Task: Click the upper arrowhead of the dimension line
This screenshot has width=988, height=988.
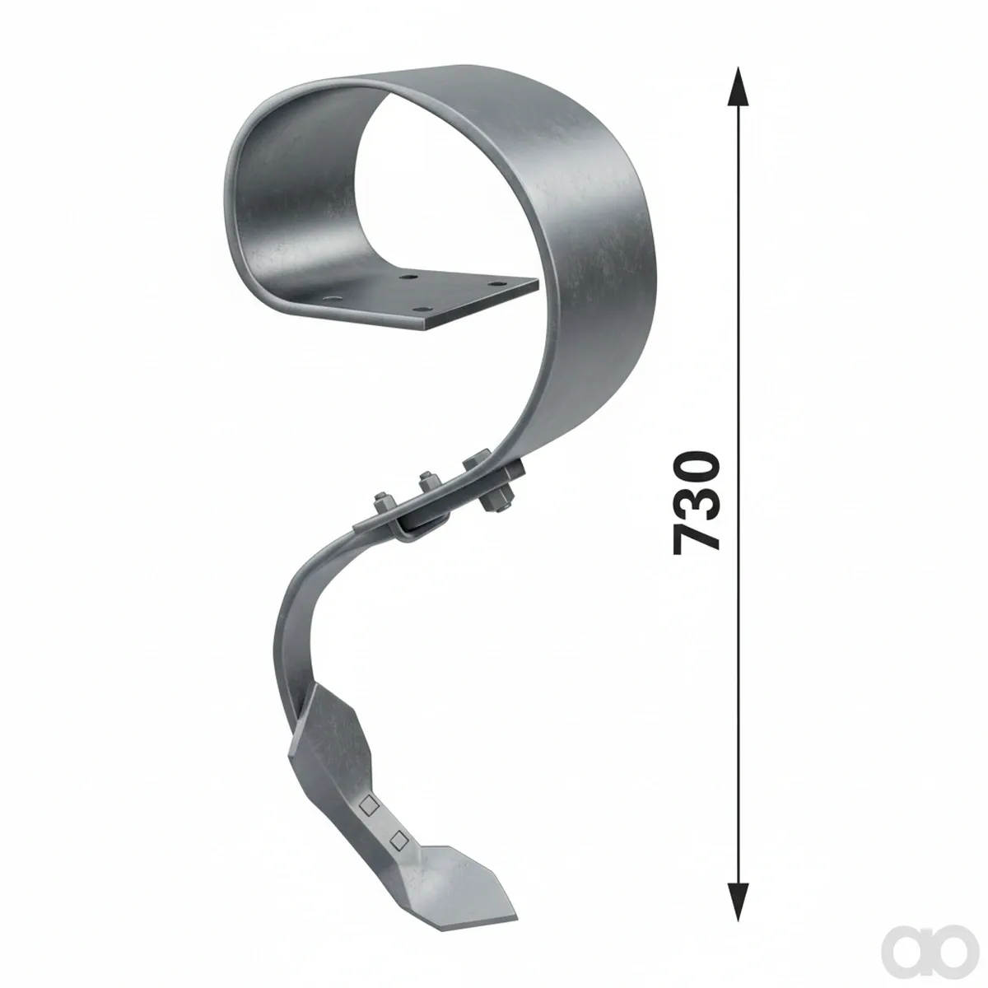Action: point(738,87)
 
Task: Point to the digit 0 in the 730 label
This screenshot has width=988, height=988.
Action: point(697,467)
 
